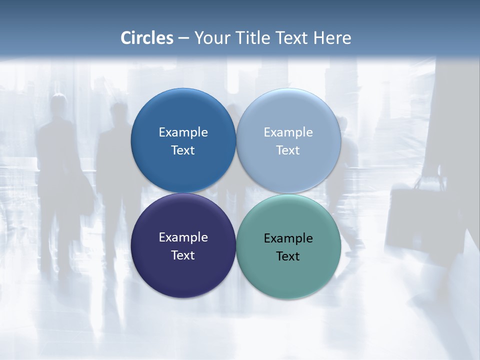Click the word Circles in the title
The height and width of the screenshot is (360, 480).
click(147, 38)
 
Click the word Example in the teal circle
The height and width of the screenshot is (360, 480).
click(288, 238)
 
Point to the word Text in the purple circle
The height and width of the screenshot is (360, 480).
click(183, 255)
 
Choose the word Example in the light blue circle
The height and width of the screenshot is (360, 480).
click(288, 132)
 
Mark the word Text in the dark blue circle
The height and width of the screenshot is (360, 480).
click(183, 150)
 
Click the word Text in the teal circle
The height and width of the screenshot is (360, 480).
click(288, 256)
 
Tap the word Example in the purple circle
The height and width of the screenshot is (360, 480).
click(183, 237)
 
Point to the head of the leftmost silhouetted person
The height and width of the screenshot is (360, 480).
click(59, 104)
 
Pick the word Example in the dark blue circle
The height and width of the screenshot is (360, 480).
click(183, 132)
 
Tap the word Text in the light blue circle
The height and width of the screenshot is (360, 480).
click(288, 150)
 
